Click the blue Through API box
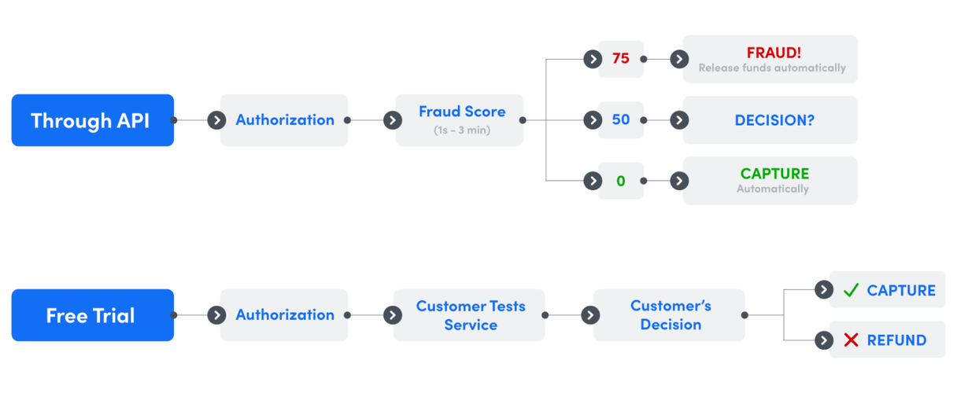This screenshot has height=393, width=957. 93,120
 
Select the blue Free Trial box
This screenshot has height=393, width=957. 93,315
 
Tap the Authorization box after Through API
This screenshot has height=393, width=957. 284,120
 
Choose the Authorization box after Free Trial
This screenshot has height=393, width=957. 284,315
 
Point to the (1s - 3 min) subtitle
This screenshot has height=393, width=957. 461,130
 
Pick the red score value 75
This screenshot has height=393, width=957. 621,59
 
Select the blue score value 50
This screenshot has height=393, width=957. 621,120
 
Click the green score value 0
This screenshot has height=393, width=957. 621,182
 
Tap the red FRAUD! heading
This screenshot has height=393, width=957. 774,53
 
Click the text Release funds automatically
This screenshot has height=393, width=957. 772,68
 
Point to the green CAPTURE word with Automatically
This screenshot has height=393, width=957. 774,174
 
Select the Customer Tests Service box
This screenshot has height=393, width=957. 470,315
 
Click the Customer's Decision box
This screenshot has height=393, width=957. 670,315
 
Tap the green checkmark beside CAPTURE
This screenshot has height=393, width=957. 851,291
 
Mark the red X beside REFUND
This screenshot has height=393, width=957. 851,340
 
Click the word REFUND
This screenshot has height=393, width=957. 896,340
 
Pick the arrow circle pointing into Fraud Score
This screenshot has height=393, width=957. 392,120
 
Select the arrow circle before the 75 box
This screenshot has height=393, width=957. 593,59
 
